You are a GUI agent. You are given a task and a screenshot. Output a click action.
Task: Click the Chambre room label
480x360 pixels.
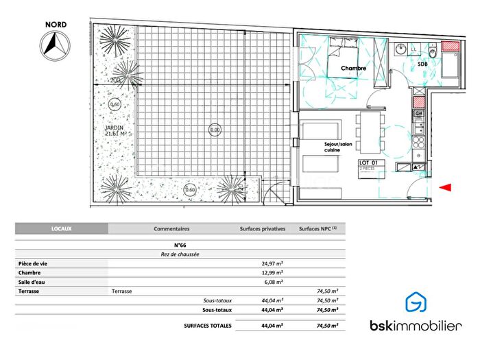[354, 69]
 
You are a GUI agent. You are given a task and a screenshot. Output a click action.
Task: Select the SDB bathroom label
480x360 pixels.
[424, 64]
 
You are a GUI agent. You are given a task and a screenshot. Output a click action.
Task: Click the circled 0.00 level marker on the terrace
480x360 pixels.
[215, 129]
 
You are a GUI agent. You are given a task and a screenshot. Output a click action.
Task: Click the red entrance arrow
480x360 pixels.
[446, 187]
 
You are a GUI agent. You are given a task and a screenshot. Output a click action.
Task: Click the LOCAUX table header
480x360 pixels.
[62, 229]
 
